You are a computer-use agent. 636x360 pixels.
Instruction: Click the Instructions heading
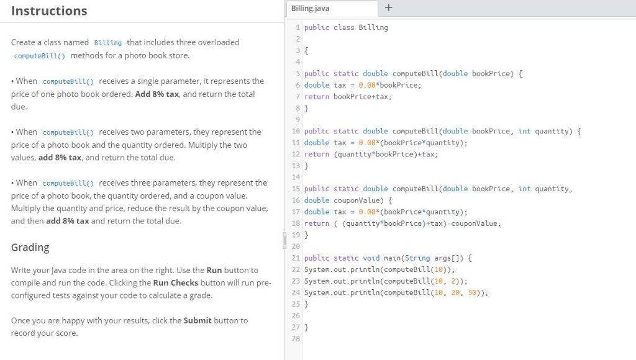tap(49, 11)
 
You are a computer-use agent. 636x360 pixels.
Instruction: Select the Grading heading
tap(30, 247)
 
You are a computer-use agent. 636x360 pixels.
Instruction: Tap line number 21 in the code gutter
tap(296, 258)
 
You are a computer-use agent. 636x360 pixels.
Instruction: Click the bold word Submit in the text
tap(198, 320)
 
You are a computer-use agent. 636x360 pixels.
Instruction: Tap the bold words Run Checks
tap(175, 282)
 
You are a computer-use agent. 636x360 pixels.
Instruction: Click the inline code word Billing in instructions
tap(107, 43)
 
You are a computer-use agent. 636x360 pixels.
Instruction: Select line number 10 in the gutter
tap(296, 132)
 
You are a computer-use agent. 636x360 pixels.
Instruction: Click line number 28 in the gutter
tap(296, 339)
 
